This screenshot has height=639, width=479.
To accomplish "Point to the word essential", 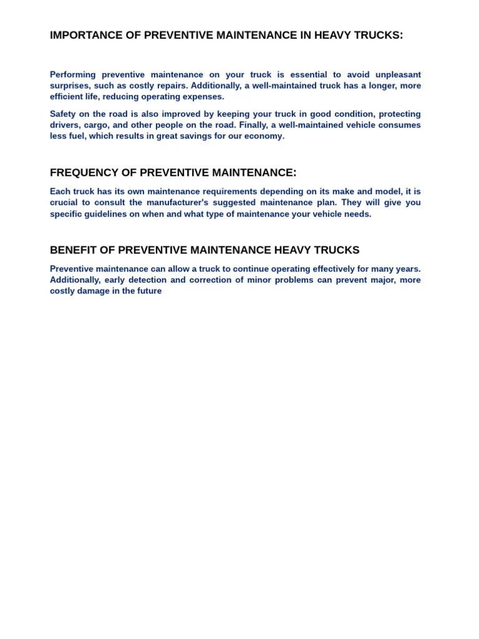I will point(306,75).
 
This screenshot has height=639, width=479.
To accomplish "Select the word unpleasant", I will point(398,75).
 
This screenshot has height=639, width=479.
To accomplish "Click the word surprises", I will point(69,86).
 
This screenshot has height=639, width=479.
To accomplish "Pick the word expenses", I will point(203,97).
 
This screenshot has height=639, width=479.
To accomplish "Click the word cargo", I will point(97,125).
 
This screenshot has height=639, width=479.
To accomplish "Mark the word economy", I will point(266,136).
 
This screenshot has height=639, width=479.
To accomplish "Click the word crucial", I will point(64,203).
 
